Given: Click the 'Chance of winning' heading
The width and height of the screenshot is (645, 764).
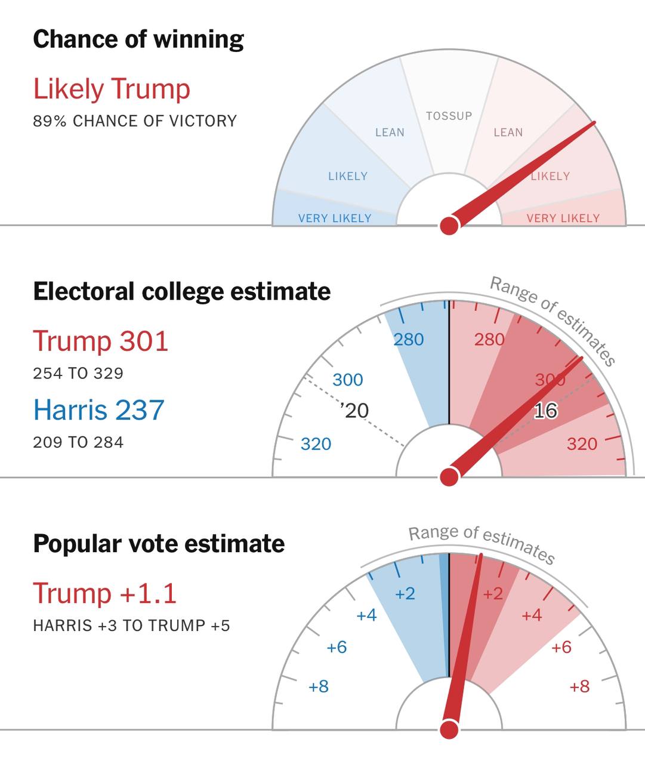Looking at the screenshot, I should coord(138,39).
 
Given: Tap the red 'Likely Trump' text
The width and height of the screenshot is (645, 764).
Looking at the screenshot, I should coord(112,89).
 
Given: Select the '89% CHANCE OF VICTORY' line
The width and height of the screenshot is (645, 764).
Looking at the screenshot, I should coord(135,121).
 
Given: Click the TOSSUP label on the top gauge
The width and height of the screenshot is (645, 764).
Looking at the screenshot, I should coord(449,116).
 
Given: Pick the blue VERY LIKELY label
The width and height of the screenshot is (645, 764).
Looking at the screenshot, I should coord(335,218).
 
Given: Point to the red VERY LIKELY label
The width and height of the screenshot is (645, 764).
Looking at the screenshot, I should coord(563,218).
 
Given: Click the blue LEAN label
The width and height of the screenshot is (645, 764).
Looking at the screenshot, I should coord(390,133).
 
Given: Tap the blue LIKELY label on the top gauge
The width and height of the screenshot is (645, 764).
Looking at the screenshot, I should coord(348,176).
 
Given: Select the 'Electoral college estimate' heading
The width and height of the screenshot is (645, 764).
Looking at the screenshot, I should coord(181,292).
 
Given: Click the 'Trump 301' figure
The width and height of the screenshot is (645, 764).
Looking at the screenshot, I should coord(101,341).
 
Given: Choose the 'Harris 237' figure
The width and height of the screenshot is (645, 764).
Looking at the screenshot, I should coord(98,410).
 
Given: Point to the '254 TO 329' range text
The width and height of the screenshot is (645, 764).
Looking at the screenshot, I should coord(78,374).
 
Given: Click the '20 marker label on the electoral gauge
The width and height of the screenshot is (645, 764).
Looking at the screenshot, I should coord(356,411).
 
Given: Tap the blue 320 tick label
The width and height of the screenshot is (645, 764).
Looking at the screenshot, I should coord(316,444).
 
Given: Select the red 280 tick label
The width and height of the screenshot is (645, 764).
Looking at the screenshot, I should coord(489,340).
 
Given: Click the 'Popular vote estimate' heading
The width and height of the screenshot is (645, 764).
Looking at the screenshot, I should coord(159,544).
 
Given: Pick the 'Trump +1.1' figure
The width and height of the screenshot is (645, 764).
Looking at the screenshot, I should coord(105,593).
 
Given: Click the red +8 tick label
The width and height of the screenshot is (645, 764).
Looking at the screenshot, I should coord(579,686).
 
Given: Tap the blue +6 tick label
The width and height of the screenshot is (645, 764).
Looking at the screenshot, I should coord(337,647).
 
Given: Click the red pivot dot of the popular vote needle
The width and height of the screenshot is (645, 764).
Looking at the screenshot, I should coord(449,729).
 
